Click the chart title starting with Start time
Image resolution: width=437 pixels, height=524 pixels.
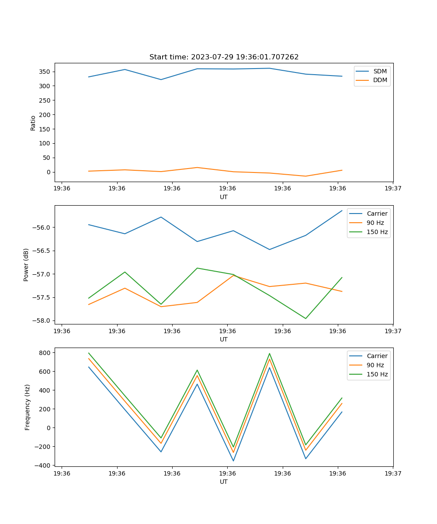[x=224, y=57]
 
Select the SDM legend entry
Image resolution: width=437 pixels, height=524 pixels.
[x=380, y=71]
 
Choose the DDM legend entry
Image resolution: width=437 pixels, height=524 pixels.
[x=380, y=80]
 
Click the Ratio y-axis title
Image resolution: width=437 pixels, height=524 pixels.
[x=33, y=123]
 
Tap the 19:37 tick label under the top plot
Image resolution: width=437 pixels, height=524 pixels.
[x=393, y=188]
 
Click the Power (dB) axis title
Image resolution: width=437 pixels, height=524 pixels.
[x=26, y=265]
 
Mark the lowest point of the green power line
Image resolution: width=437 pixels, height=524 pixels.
[x=305, y=318]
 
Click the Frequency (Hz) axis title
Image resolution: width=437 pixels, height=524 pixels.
[x=28, y=407]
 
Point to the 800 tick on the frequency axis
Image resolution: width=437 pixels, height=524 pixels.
[x=46, y=352]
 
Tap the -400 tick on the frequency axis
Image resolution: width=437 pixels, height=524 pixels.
[x=45, y=465]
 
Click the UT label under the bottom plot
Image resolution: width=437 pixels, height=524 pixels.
[x=224, y=482]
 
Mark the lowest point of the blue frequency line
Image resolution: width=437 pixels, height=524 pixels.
[x=233, y=461]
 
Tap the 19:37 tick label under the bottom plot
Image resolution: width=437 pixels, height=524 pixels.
[x=393, y=473]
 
